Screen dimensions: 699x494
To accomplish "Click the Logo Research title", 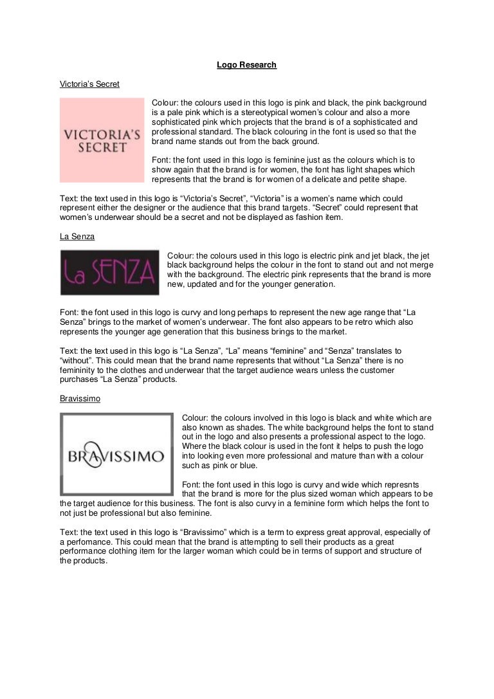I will pyautogui.click(x=246, y=65).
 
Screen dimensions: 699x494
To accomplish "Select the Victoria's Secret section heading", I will pyautogui.click(x=89, y=84).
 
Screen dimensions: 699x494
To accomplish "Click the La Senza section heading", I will pyautogui.click(x=77, y=237).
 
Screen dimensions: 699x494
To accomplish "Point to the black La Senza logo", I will pyautogui.click(x=109, y=272).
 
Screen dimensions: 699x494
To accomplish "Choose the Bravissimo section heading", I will pyautogui.click(x=80, y=399).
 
